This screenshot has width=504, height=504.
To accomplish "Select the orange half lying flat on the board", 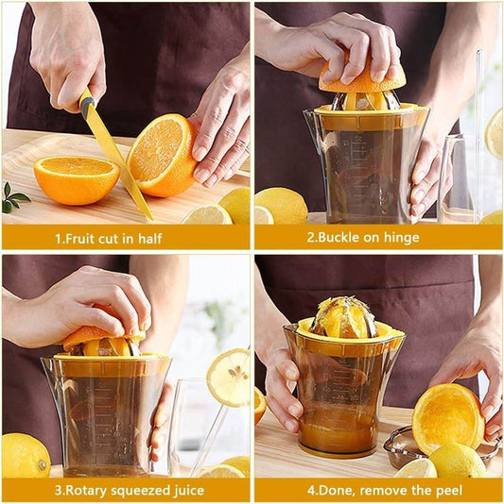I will click(x=76, y=179).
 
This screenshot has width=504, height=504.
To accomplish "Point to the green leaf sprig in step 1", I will click(x=12, y=197).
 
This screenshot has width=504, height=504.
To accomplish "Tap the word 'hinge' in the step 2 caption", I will click(x=401, y=238).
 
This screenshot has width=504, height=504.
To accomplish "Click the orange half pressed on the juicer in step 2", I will click(x=361, y=82).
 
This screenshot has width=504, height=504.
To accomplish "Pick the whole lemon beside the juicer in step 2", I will click(x=282, y=205).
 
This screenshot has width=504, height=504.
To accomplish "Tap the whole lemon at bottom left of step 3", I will click(x=25, y=455).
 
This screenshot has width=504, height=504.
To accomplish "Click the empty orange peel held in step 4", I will click(x=447, y=417).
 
